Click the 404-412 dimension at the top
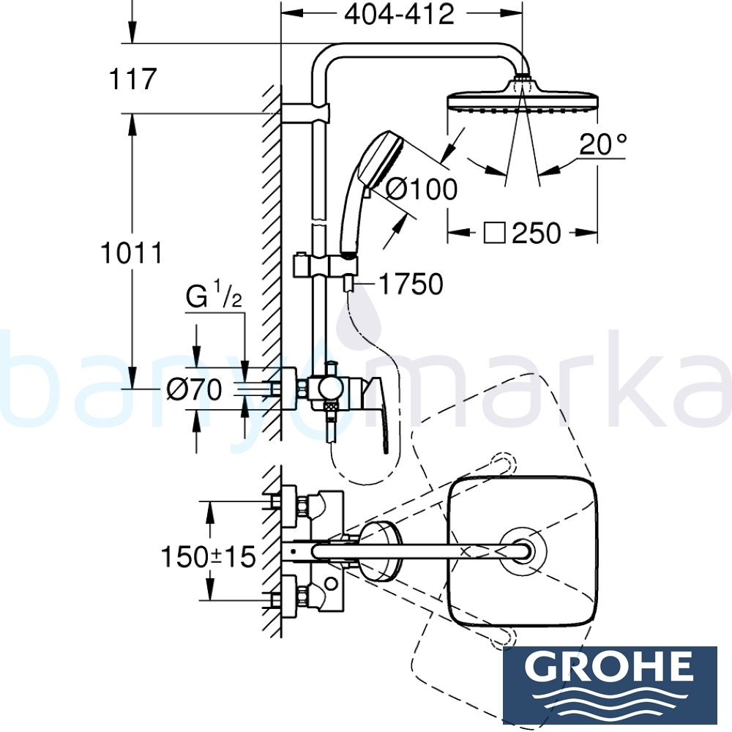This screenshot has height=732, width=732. click(399, 14)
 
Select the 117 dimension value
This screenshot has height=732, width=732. click(132, 78)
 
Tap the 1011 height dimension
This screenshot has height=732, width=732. click(132, 253)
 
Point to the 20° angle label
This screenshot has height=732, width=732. click(602, 144)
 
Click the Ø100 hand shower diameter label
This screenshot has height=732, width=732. click(421, 189)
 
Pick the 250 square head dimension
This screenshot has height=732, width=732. click(536, 234)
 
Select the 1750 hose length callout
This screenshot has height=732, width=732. click(411, 284)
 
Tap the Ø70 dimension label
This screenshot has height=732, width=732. click(194, 390)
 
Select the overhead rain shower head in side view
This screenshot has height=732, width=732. click(521, 100)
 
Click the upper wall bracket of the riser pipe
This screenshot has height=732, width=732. click(307, 113)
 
